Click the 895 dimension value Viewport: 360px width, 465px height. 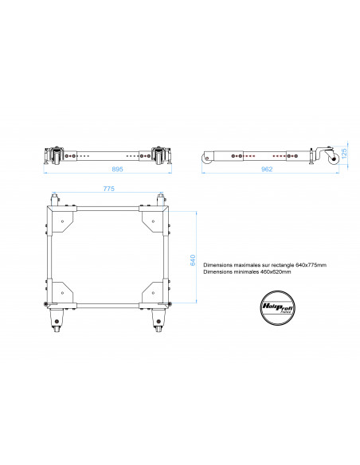pos(117,169)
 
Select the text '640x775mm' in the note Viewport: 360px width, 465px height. pos(311,264)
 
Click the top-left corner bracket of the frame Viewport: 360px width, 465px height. pos(62,218)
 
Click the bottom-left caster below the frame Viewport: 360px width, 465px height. pos(56,322)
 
